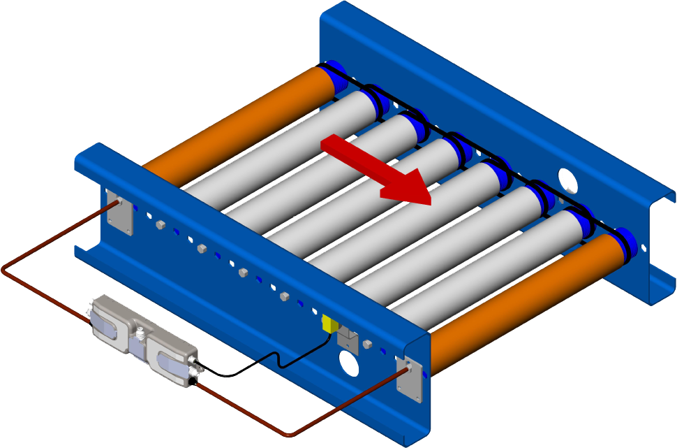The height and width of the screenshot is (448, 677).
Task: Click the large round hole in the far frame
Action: (x=568, y=180)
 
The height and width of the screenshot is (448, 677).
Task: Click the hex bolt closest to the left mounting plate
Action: (x=160, y=225)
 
